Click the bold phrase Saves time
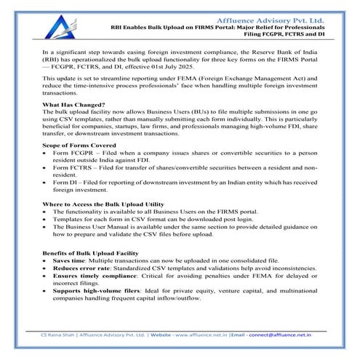(72, 259)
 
